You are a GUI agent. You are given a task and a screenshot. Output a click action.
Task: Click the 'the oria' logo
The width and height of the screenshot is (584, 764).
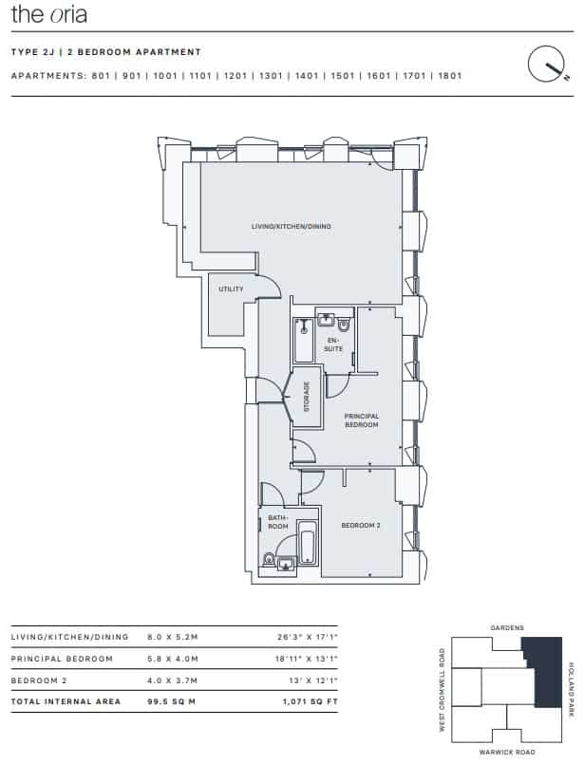click(x=48, y=14)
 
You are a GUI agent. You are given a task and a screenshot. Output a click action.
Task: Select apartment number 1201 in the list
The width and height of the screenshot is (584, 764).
click(x=235, y=76)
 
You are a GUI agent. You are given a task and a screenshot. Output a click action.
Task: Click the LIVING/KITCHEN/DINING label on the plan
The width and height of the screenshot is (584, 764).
click(x=291, y=227)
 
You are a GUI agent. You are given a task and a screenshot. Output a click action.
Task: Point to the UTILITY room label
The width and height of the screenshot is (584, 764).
click(x=231, y=289)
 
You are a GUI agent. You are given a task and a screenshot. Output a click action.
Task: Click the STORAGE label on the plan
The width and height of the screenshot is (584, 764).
click(x=307, y=397)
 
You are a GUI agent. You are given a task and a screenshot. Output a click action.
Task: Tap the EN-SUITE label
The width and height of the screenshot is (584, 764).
click(x=333, y=345)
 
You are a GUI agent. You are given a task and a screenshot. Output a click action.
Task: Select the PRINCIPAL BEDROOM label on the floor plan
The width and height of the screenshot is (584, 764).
click(x=361, y=420)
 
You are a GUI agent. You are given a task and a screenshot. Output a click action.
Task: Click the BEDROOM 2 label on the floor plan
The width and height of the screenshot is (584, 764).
click(x=361, y=525)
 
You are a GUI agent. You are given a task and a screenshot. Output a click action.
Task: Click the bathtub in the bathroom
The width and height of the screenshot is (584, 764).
click(x=307, y=544)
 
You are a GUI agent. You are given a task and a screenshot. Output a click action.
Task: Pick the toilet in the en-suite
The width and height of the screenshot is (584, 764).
click(x=344, y=324)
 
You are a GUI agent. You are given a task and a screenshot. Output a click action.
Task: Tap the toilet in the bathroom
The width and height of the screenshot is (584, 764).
click(x=269, y=559)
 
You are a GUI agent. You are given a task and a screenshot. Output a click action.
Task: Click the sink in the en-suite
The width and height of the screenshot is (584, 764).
click(x=325, y=320)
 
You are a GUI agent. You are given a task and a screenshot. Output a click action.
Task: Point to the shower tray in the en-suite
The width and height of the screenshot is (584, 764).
click(x=304, y=340)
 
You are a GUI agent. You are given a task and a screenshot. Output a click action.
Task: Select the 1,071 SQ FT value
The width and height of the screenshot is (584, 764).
click(x=310, y=701)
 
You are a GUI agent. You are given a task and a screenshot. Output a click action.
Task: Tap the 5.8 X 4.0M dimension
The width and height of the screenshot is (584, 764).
click(x=173, y=659)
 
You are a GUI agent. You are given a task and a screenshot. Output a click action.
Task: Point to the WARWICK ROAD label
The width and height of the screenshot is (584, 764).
click(x=507, y=753)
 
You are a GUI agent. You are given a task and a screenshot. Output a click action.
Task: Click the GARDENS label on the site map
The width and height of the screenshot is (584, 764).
click(x=507, y=628)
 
